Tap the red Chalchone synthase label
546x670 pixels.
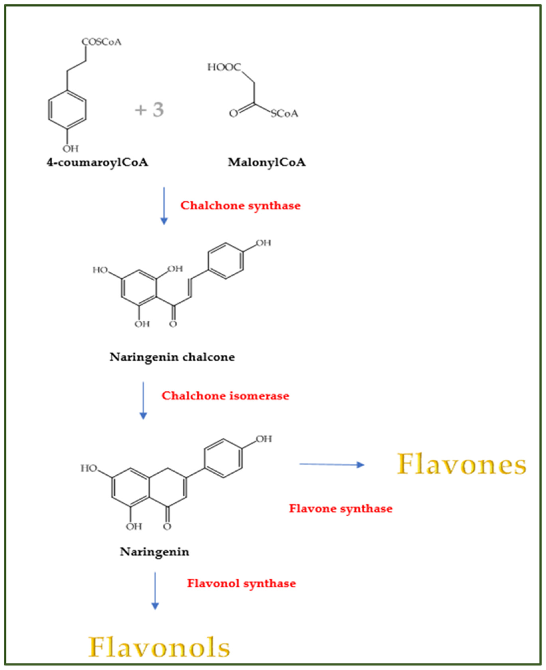tap(240, 206)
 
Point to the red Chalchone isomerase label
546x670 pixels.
tap(225, 396)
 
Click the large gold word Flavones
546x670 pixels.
tap(462, 464)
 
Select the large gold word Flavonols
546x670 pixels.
tap(159, 647)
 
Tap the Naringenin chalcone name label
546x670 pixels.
tap(172, 357)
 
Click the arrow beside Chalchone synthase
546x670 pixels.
tap(164, 206)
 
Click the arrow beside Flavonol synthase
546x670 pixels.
tap(155, 591)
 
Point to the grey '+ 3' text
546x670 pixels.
tap(149, 110)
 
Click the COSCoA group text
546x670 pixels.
tap(101, 42)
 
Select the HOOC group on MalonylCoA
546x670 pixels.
tap(224, 67)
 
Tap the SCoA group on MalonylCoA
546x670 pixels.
tap(284, 113)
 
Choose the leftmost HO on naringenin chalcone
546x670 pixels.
tap(100, 270)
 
